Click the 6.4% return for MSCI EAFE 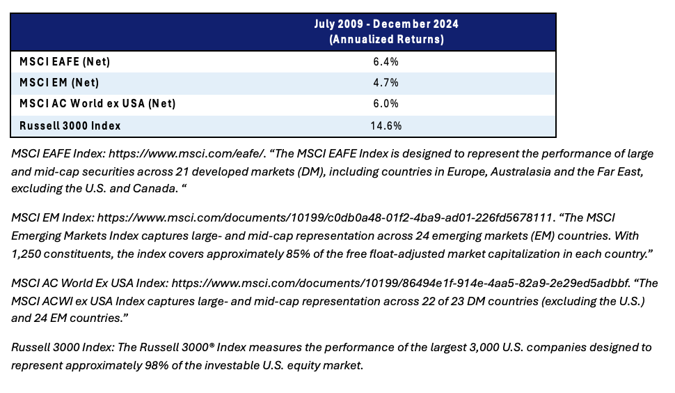point(386,61)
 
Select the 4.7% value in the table point(386,82)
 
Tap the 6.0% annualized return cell point(386,103)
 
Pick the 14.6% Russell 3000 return point(386,126)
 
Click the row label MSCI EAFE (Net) point(65,61)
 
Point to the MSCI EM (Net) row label point(59,82)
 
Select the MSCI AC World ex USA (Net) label point(97,103)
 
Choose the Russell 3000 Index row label point(70,126)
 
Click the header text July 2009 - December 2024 point(386,24)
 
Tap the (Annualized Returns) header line point(386,39)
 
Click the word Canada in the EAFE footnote point(154,189)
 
